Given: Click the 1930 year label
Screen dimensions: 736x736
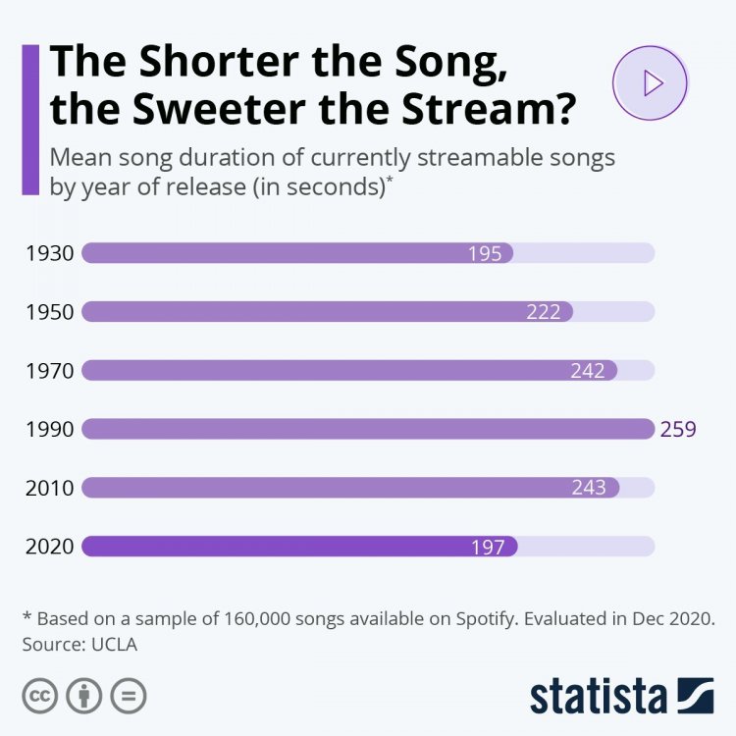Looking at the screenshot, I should (49, 253).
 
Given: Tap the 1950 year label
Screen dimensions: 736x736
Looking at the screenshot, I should (49, 312).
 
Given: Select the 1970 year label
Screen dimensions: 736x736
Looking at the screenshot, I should (49, 371).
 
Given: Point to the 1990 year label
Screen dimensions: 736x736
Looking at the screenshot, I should (49, 429).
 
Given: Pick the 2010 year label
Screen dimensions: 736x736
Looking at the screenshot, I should (49, 488).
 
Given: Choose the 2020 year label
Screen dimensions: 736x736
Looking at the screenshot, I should (49, 547).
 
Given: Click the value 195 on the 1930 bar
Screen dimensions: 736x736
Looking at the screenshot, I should (485, 253).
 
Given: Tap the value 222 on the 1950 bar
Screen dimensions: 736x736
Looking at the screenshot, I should (544, 312).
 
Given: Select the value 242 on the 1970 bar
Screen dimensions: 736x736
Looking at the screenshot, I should (588, 371).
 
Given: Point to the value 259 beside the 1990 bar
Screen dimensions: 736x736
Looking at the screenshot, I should (678, 429).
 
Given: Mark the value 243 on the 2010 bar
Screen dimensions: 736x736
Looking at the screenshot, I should (589, 488).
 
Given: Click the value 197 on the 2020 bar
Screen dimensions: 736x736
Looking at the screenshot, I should (488, 547).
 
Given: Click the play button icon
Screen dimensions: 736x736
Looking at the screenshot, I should (651, 83).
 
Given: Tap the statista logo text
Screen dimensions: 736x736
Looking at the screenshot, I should (599, 696).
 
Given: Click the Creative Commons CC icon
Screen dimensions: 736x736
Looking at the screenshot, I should (39, 696).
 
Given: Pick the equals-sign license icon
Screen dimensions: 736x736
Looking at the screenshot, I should (129, 696).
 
